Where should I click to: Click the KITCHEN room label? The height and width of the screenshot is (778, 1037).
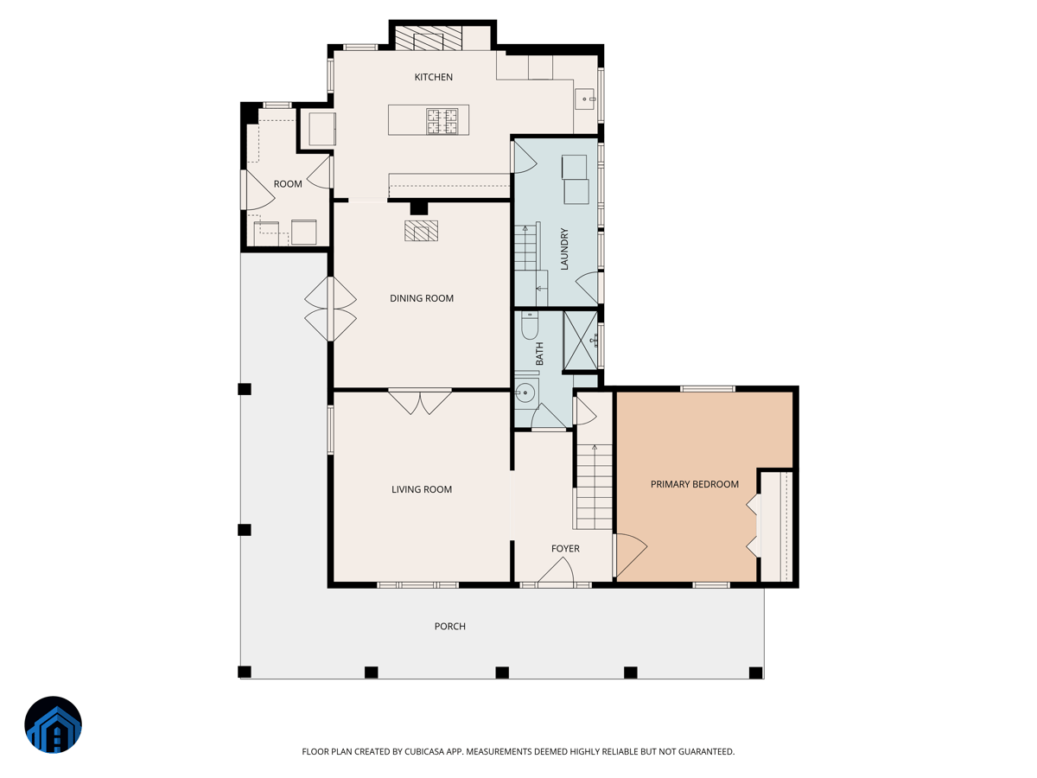433,77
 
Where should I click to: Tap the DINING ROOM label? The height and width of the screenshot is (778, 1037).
422,298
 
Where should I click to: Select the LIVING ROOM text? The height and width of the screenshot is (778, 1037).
422,489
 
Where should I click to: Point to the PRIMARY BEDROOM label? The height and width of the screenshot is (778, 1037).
695,484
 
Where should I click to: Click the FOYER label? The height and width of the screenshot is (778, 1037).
565,548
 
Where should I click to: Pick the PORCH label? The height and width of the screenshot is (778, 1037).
449,627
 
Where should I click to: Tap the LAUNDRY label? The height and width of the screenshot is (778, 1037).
564,249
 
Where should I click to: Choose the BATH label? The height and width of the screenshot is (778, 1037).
539,354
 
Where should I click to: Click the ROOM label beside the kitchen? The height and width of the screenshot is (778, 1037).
288,184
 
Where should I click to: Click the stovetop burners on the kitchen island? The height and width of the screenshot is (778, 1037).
442,121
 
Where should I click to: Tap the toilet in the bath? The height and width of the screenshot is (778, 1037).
530,325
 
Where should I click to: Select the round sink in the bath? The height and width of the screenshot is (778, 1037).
525,392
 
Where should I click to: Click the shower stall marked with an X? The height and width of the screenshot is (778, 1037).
581,340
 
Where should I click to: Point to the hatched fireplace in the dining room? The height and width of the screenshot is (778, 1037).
421,231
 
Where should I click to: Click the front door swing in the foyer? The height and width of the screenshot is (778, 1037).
556,571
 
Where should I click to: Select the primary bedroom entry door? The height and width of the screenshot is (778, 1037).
630,556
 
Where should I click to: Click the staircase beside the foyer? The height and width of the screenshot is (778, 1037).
594,487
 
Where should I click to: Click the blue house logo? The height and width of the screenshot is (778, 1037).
53,724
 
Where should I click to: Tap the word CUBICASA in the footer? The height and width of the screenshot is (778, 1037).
424,751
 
